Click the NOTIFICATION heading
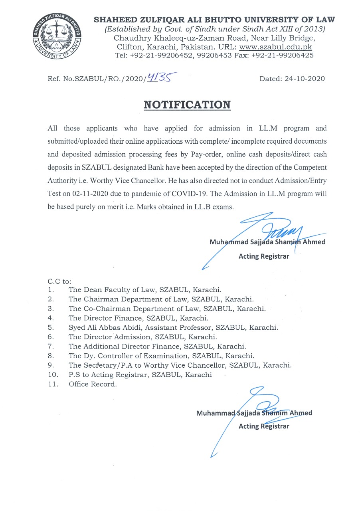[187, 105]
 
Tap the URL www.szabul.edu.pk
[275, 47]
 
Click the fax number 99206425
[296, 55]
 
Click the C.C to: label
[59, 281]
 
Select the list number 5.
[50, 327]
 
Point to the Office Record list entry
[93, 384]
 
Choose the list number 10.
[52, 375]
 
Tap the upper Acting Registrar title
[263, 256]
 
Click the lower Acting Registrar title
[263, 426]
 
